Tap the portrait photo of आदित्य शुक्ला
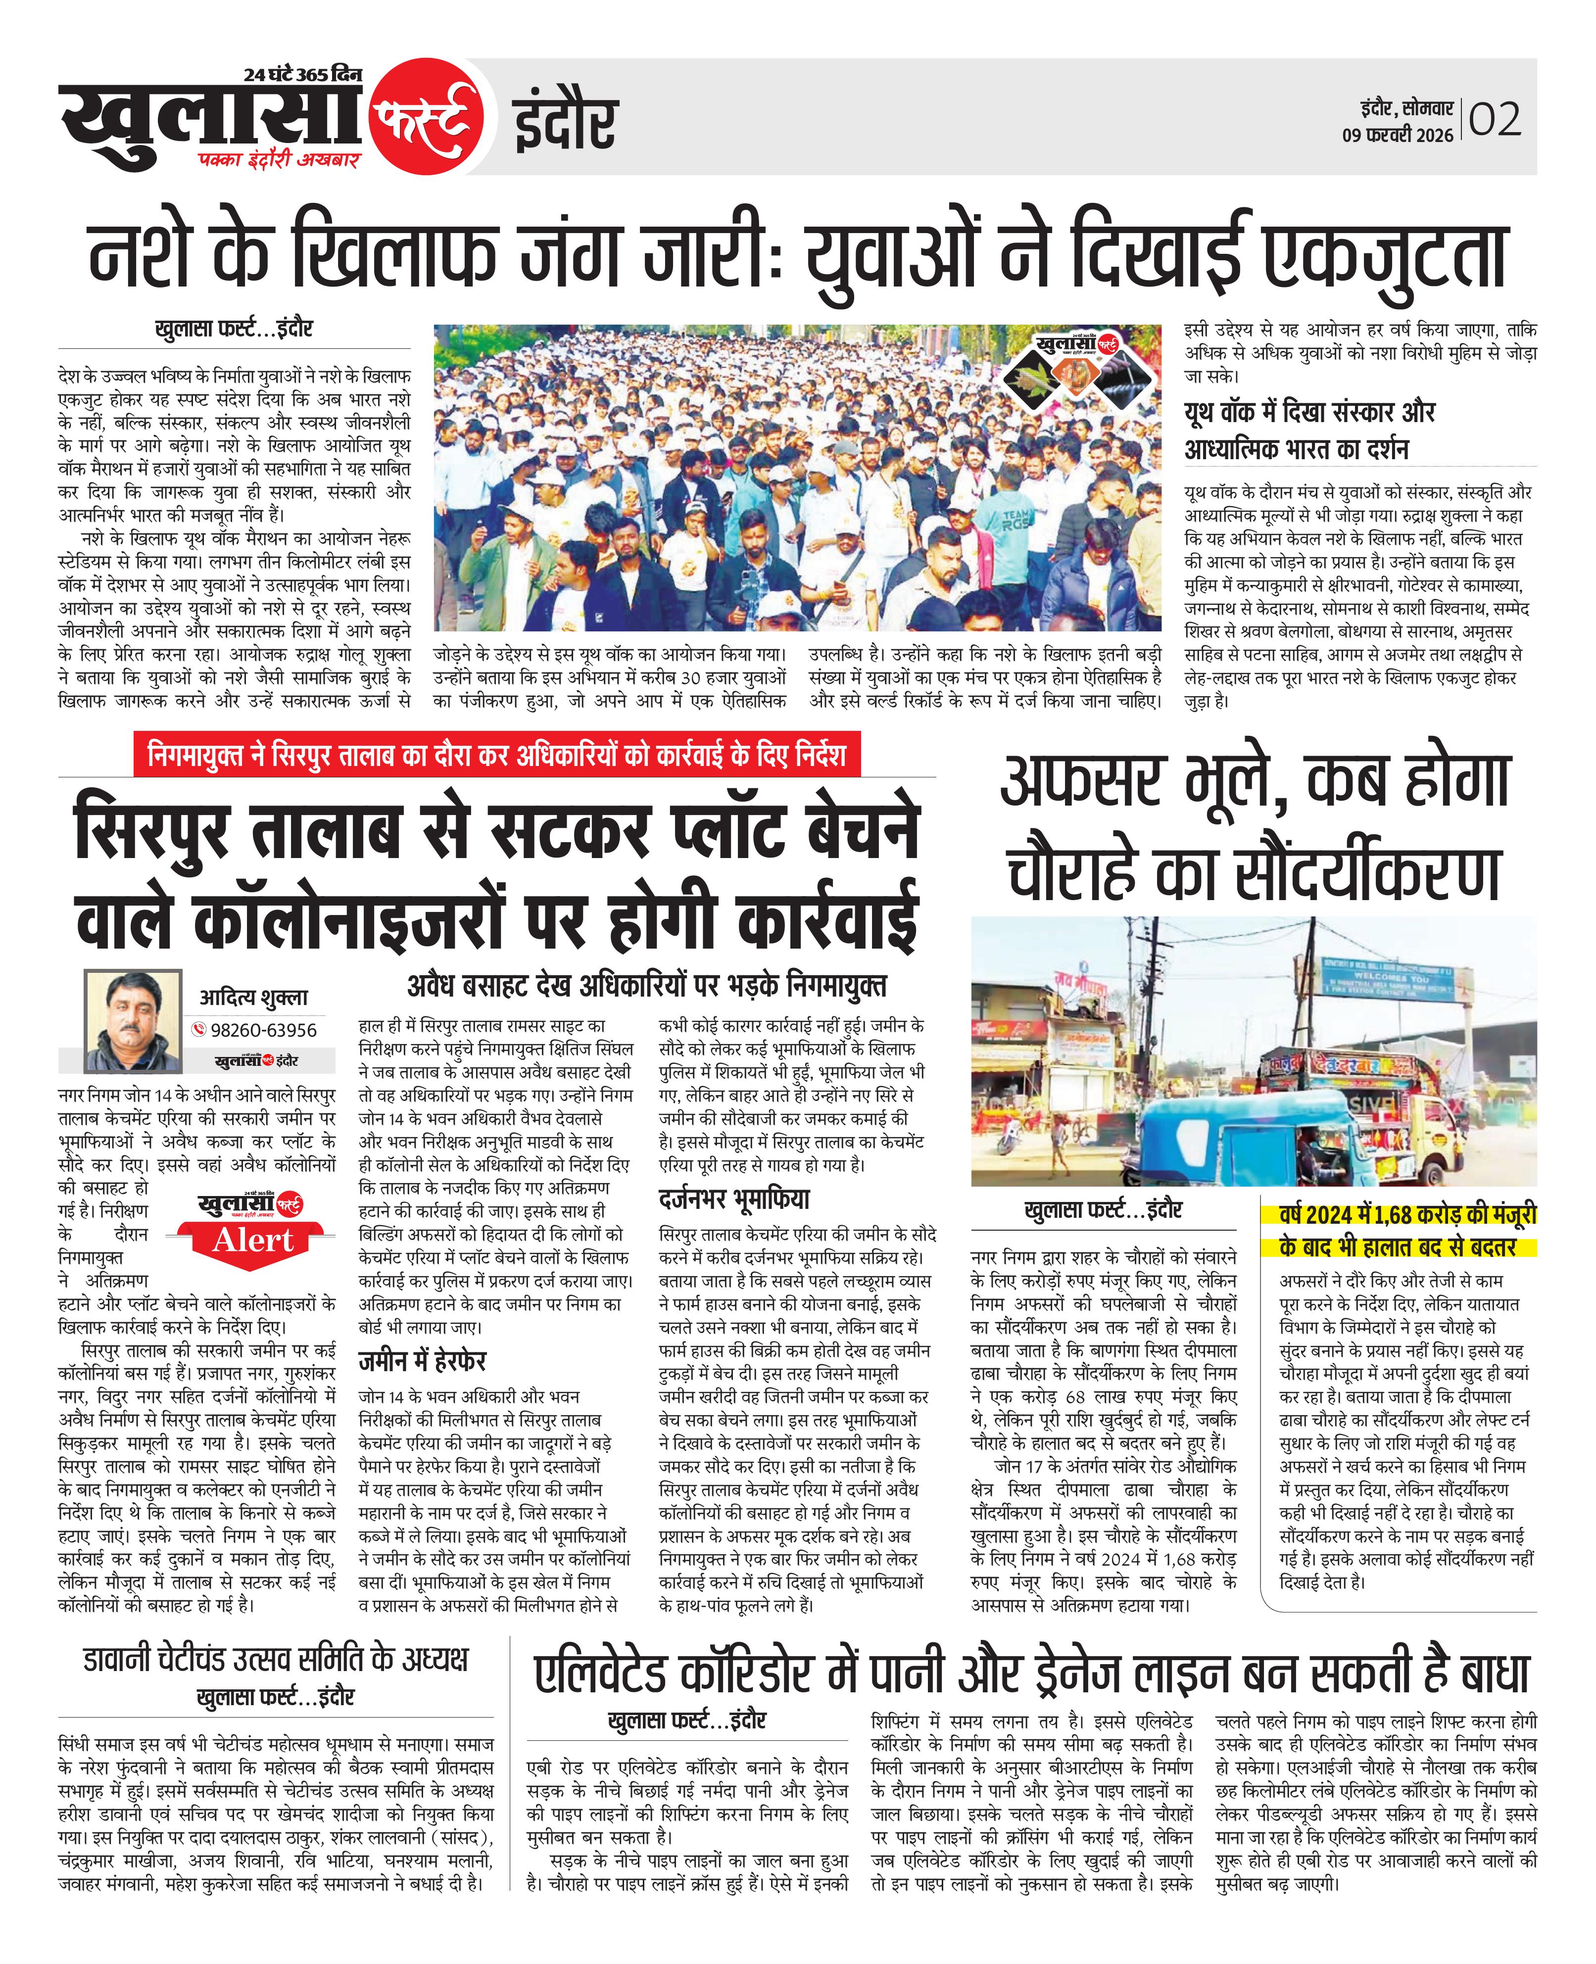[133, 1021]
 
